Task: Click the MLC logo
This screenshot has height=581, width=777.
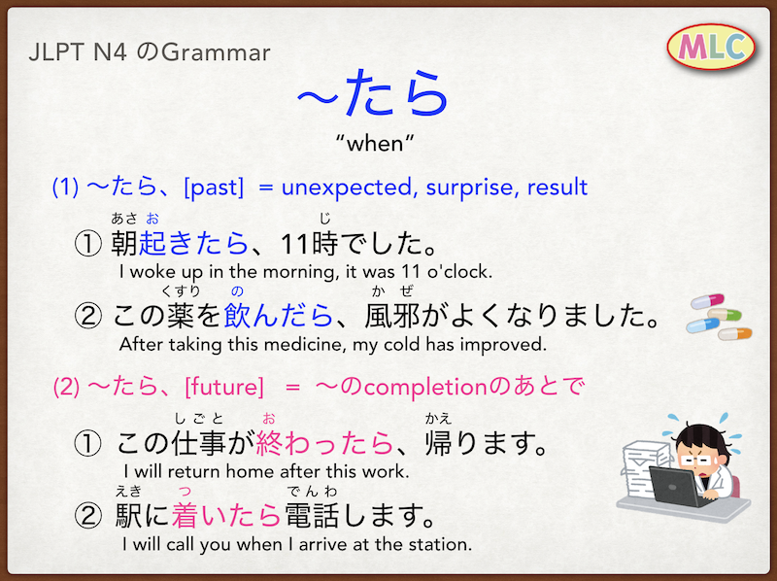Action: [x=711, y=47]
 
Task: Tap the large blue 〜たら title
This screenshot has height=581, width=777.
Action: [x=373, y=92]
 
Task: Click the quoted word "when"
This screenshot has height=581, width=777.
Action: [x=375, y=144]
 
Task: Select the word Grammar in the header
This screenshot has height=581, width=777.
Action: [x=216, y=52]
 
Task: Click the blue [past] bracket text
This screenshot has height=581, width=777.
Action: [x=214, y=188]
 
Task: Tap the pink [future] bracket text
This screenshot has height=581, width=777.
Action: [x=224, y=387]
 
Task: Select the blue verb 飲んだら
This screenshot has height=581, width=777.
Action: [x=278, y=316]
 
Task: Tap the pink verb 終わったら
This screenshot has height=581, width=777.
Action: [x=324, y=443]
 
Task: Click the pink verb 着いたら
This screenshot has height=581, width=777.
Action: [x=226, y=515]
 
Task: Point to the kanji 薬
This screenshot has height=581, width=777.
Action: [x=180, y=316]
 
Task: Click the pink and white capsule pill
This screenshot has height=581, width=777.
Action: [x=708, y=300]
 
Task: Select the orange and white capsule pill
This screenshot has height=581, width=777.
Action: [x=735, y=333]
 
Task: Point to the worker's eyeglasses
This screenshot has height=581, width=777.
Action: [x=697, y=461]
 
